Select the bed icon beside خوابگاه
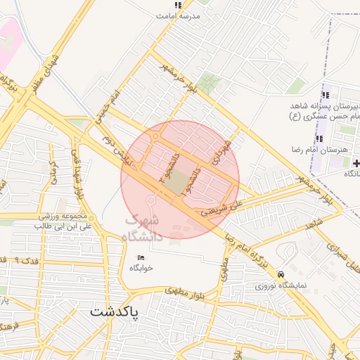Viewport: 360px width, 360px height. [141, 257]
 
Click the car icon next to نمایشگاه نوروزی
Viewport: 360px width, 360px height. [281, 274]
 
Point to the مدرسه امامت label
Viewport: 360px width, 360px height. [180, 15]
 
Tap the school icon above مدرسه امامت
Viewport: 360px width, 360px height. [177, 5]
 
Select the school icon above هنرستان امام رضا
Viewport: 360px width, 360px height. [319, 139]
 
